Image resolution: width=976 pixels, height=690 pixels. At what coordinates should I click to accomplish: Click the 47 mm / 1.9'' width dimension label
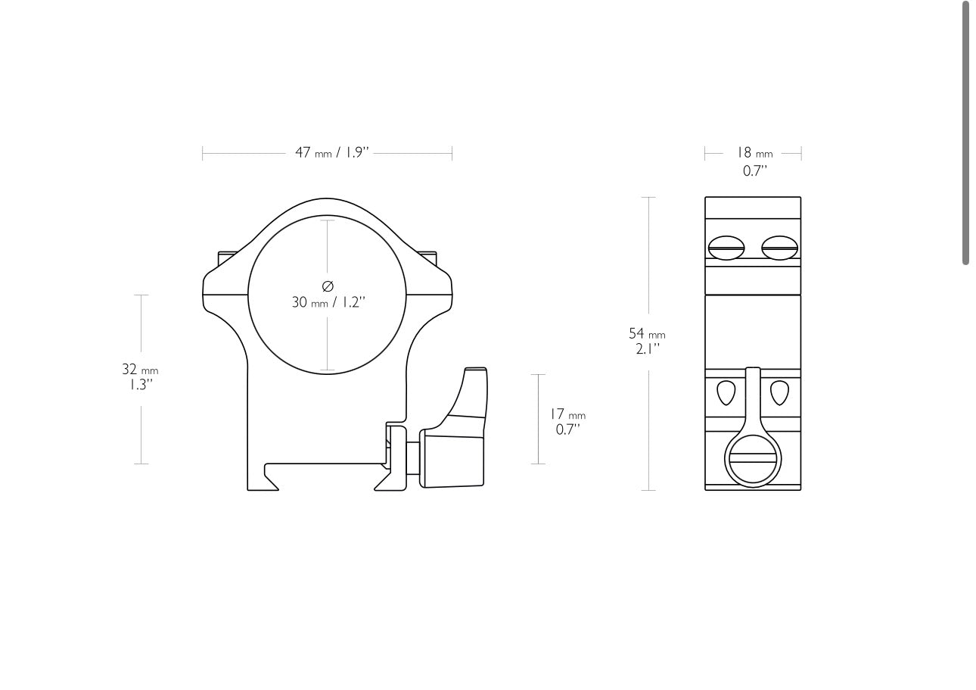331,152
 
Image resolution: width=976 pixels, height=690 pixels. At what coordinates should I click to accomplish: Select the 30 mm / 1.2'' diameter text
328,302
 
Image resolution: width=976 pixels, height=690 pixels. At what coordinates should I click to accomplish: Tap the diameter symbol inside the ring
328,286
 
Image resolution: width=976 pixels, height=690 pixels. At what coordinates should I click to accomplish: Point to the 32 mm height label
140,370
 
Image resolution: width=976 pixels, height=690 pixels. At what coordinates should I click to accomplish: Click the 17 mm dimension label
567,414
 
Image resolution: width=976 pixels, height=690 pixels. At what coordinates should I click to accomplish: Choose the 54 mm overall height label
647,333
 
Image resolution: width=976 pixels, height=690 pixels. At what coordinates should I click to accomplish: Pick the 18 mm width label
754,153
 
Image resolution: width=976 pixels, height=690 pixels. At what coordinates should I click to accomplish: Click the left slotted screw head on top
726,248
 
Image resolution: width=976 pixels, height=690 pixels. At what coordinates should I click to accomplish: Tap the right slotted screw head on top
779,248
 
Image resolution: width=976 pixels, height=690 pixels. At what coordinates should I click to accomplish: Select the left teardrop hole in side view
726,392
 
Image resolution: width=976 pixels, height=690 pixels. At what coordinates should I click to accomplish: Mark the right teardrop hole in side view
779,392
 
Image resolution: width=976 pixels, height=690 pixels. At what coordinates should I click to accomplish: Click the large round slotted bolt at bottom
753,459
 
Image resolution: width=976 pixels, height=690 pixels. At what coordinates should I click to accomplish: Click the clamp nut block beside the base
452,460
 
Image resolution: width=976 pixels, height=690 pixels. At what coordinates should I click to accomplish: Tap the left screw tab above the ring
227,258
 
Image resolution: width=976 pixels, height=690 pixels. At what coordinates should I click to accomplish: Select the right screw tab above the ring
428,258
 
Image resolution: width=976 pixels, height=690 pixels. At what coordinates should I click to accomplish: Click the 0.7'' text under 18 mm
754,171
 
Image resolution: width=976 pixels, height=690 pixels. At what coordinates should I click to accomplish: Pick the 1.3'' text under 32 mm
140,385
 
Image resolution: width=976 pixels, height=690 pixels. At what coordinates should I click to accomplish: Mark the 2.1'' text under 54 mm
648,349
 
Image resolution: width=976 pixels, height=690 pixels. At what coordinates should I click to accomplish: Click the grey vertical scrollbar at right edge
965,133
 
